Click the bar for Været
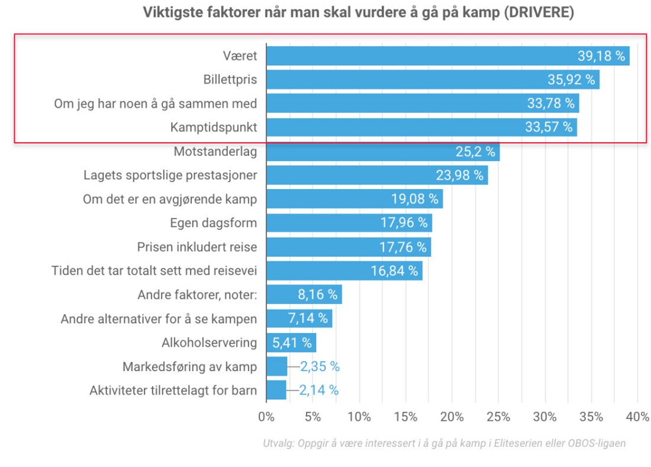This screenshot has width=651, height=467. pos(447,56)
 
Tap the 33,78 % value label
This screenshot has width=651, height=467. pos(550,103)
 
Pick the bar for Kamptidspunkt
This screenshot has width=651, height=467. pos(421,127)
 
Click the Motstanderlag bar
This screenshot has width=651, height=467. pos(383,152)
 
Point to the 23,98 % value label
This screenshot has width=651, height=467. pos(459,175)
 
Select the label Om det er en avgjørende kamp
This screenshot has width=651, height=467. pos(170,199)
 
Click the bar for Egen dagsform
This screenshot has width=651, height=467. pos(349,223)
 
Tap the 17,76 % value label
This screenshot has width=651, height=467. pos(402,247)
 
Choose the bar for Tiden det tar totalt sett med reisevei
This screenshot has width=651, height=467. pos(344,271)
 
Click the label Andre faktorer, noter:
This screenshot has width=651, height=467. pos(197,295)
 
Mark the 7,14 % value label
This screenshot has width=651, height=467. pos(308,318)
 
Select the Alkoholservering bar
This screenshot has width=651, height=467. pos(291,343)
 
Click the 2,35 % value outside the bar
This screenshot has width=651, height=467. pos(320,366)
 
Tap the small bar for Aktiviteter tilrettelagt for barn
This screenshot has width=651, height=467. pos(276,390)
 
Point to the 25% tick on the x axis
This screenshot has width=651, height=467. pos(498,417)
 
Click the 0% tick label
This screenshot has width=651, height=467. pos(266,417)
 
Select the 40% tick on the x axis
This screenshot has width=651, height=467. pos(637,417)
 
